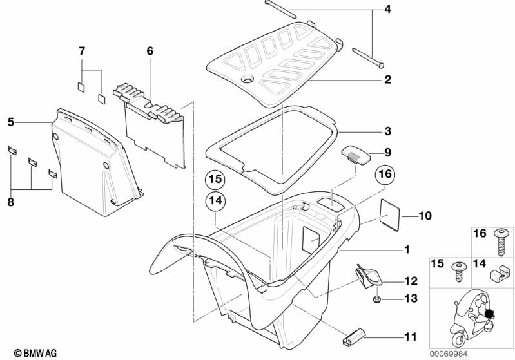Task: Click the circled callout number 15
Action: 215,180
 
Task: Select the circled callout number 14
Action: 215,200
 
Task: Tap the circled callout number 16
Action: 385,174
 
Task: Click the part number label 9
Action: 388,152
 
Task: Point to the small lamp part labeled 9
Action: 356,153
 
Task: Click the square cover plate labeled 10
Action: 389,215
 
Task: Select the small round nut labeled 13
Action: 377,299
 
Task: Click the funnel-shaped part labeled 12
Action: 368,277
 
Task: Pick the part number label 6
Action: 150,51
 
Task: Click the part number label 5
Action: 11,122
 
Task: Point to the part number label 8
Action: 11,202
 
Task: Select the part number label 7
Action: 82,51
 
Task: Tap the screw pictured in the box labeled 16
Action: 501,242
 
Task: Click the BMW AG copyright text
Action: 35,353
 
